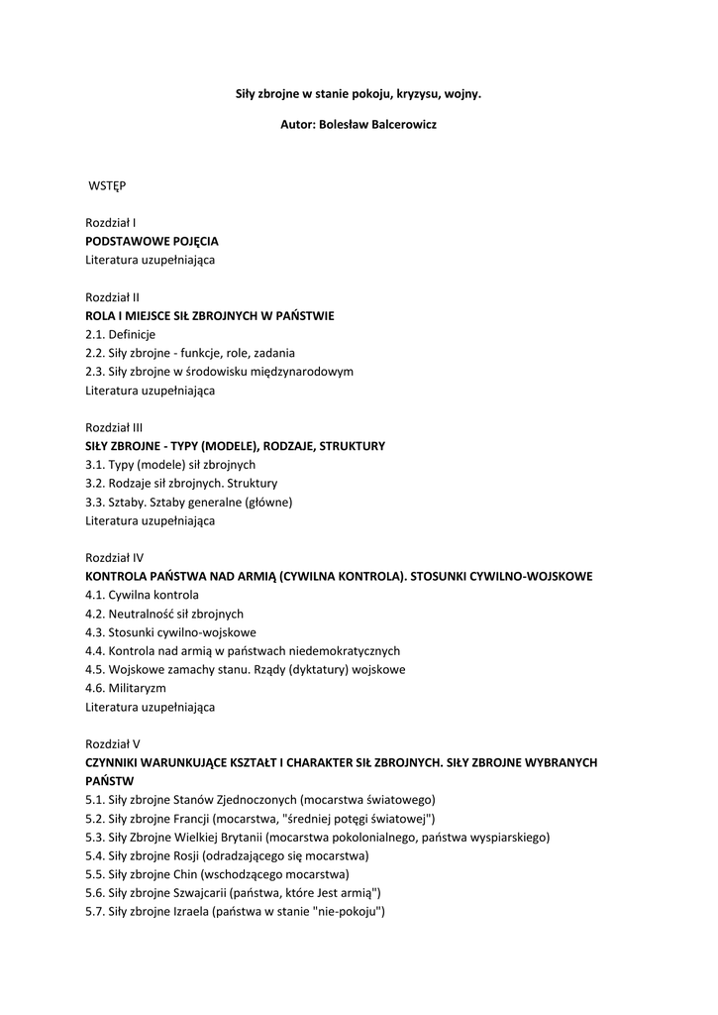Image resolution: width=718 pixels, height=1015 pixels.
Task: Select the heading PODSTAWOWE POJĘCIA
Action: (152, 241)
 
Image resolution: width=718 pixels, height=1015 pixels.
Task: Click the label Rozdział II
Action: (112, 296)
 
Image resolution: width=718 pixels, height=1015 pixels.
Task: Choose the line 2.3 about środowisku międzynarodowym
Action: (219, 372)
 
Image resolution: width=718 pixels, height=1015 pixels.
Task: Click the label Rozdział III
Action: (114, 427)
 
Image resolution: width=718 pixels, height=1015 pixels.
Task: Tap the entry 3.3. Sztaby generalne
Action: (188, 502)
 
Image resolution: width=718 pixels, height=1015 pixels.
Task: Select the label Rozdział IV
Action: (114, 557)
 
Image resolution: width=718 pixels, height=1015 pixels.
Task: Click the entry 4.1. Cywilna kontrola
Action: (142, 595)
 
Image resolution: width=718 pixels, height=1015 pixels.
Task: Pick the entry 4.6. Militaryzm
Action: (126, 688)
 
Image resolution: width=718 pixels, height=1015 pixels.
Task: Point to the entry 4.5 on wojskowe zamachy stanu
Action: (245, 669)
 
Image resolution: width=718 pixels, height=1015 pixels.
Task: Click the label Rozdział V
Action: (113, 743)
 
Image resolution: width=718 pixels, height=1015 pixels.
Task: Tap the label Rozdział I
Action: (110, 223)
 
